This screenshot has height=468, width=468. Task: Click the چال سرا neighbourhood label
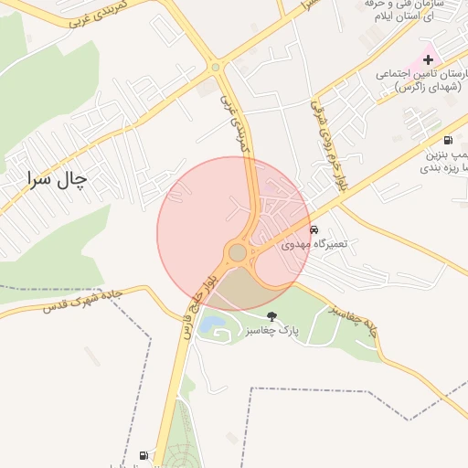56,180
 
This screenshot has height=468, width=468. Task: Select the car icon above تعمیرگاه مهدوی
314,229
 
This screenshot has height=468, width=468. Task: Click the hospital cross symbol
428,58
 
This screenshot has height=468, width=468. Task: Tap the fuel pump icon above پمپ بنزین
448,140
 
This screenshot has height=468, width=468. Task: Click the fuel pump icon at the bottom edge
143,455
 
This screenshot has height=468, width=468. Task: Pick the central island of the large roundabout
238,251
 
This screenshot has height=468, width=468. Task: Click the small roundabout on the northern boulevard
216,66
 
